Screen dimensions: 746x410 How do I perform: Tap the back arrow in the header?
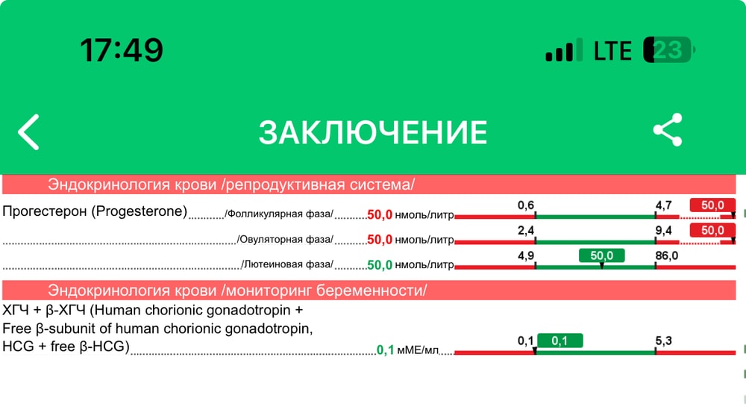[28, 132]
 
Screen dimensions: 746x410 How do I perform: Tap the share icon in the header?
[668, 129]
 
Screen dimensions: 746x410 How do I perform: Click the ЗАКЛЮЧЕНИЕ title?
[373, 132]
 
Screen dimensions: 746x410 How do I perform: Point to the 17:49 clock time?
[122, 50]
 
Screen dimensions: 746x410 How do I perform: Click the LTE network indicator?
[612, 51]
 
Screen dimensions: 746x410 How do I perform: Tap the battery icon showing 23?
[669, 50]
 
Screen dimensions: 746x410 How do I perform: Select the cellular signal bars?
[564, 50]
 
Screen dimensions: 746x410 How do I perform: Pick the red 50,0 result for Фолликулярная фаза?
[380, 215]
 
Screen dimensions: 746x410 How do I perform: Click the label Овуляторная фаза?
[285, 239]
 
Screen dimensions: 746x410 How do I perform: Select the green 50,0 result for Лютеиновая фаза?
[380, 265]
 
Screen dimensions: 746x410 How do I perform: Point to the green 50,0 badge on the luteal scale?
[602, 255]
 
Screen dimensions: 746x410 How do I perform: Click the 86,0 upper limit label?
[666, 255]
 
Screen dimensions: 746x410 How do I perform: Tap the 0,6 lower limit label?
[526, 205]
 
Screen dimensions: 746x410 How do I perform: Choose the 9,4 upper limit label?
[664, 231]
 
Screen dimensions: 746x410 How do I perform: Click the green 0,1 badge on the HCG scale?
[560, 341]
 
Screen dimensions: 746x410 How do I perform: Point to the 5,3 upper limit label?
[664, 341]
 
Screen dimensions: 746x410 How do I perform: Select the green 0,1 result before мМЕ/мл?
[386, 350]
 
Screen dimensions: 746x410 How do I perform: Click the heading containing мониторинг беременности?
[237, 291]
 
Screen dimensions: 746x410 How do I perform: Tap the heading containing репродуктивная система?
[231, 184]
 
